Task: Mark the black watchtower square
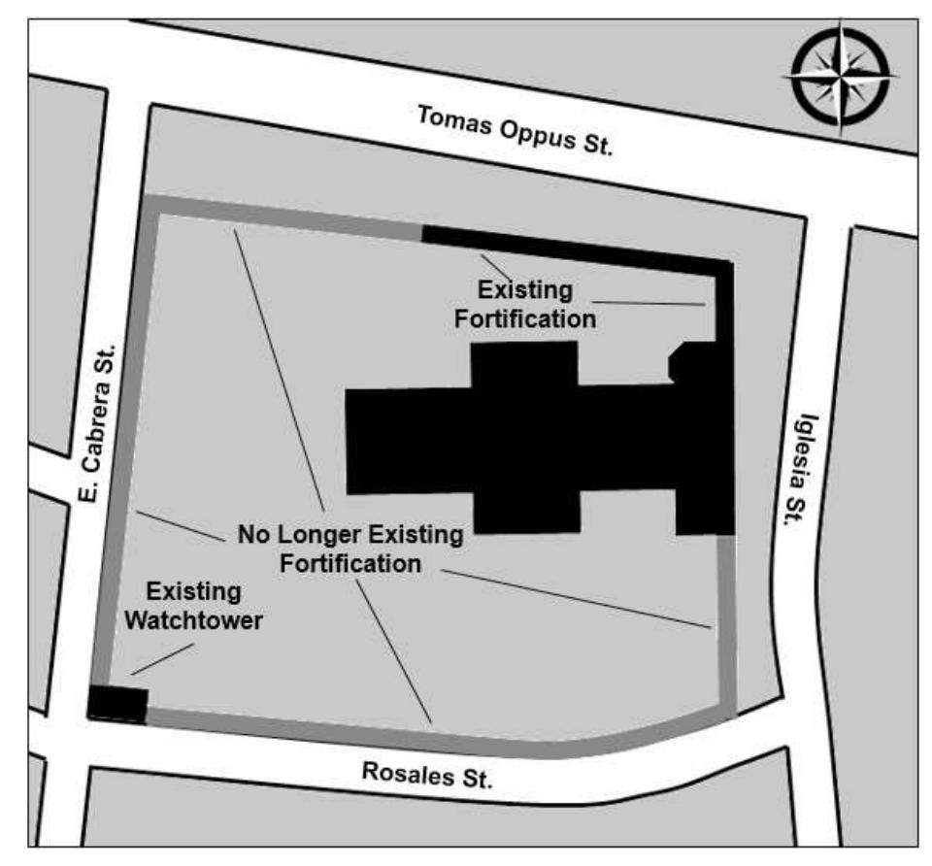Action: pyautogui.click(x=117, y=704)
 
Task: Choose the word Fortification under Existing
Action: pyautogui.click(x=525, y=317)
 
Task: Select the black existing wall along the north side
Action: pyautogui.click(x=573, y=244)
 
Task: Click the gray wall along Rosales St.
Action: pyautogui.click(x=388, y=734)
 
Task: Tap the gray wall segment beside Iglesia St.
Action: pyautogui.click(x=726, y=621)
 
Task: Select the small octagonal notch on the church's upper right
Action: pyautogui.click(x=682, y=362)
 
